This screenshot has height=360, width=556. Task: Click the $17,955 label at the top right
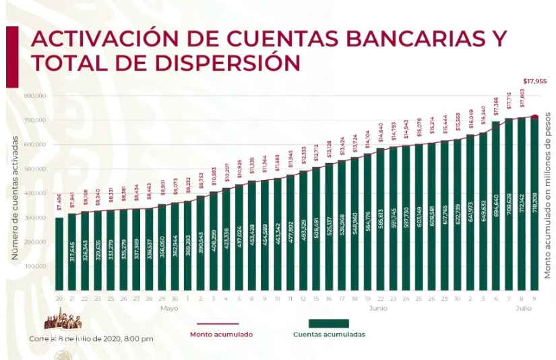(x=534, y=82)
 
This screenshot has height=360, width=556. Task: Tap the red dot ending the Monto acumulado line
(x=534, y=117)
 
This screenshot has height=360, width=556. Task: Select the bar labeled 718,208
(x=534, y=202)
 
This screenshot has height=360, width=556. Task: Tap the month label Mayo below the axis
(x=168, y=307)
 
